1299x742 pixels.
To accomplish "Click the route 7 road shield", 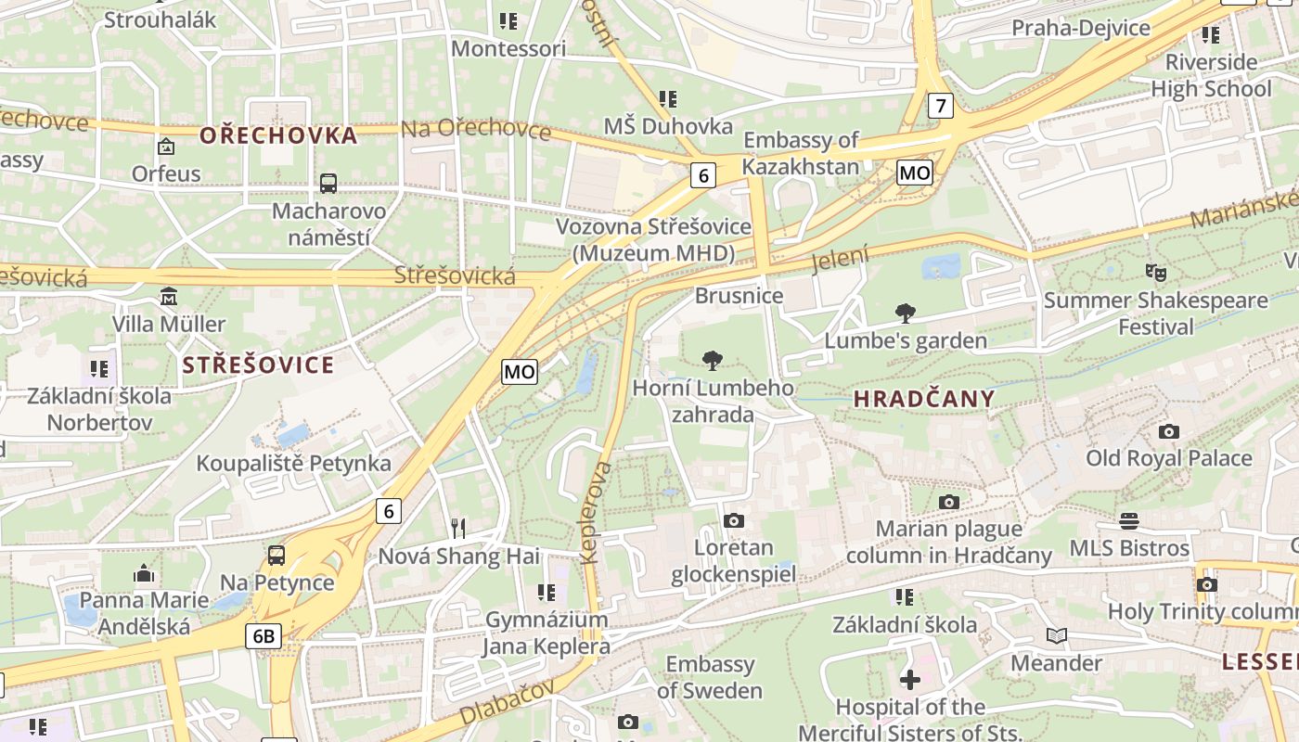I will [941, 106].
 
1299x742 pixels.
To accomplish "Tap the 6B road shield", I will [264, 636].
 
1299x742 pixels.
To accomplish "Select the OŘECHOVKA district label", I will [278, 135].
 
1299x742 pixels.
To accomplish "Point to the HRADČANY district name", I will [923, 400].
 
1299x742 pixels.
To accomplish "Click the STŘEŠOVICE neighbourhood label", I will [258, 365].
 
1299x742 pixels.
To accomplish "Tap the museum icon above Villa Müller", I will [169, 298].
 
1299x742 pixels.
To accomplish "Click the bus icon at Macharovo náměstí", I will [328, 183].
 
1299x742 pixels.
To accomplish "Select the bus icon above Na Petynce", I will [277, 556].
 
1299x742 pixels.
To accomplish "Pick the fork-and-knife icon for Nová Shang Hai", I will [457, 529].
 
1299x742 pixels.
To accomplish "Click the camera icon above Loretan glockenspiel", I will [734, 520].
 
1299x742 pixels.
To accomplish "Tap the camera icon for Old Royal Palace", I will [1169, 431].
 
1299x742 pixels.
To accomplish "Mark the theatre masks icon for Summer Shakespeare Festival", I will [1155, 273].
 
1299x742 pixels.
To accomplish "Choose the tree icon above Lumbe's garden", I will [906, 313].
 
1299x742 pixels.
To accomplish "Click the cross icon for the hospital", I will [910, 680].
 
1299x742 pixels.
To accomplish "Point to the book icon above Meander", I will [1056, 635].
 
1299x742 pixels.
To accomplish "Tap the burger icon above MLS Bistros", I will [1129, 520].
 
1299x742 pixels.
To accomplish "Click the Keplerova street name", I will [596, 512].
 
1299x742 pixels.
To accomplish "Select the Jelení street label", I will [841, 258].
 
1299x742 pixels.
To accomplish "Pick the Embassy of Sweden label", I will [710, 677].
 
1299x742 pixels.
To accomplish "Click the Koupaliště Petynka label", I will [293, 463].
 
